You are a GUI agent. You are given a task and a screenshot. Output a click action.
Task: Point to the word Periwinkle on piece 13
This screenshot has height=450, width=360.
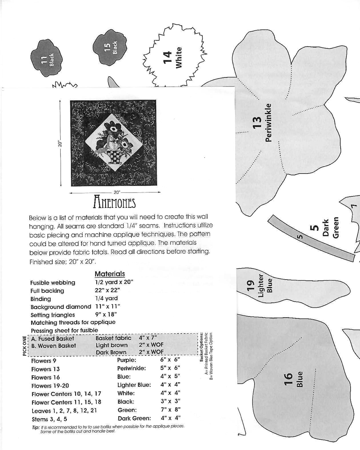[x=269, y=123]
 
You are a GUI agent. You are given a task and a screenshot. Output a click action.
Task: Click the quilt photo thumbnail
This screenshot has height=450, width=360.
[x=113, y=143]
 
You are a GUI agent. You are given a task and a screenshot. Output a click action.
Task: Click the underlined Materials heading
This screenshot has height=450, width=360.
[x=110, y=274]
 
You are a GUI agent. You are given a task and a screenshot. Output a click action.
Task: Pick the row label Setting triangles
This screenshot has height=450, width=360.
[x=53, y=315]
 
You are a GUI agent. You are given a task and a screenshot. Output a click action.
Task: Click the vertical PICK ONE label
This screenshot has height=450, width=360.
[x=25, y=346]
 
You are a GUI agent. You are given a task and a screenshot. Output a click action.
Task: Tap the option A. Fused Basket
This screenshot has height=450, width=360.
[x=53, y=339]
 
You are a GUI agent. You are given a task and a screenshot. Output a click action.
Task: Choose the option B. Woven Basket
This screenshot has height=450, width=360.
[x=54, y=346]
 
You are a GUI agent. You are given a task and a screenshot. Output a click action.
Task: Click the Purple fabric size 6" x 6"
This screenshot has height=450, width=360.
[x=170, y=360]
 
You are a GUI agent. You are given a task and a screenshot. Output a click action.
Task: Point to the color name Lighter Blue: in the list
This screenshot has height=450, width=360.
[x=134, y=385]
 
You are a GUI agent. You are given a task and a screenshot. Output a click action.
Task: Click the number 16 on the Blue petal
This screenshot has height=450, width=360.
[x=289, y=380]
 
